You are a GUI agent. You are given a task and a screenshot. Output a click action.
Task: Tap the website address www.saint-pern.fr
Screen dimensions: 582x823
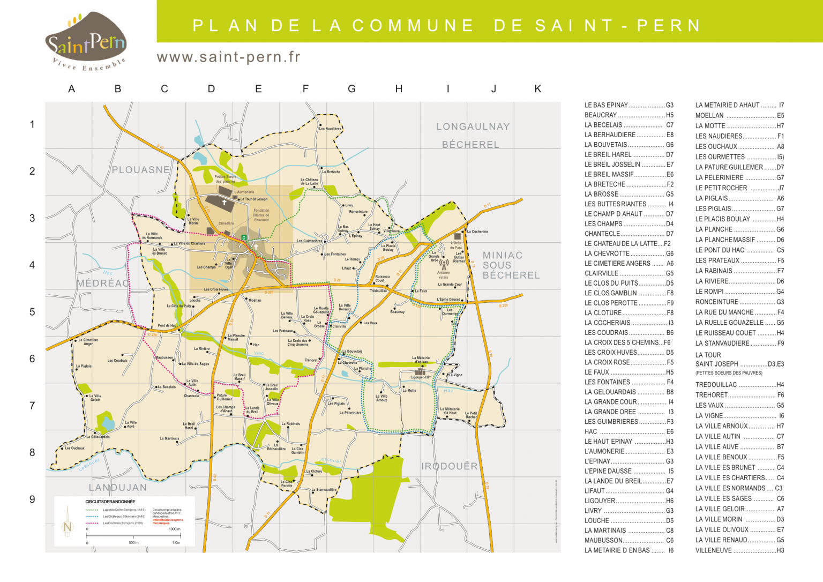(x=228, y=57)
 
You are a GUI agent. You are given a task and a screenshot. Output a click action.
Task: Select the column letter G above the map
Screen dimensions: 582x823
(x=351, y=89)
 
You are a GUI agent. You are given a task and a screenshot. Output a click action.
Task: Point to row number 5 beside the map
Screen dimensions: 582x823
(x=32, y=312)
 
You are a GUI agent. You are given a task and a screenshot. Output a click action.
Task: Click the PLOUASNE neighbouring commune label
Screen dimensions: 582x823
(x=140, y=170)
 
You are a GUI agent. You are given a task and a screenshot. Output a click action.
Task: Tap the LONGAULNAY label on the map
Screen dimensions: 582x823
(x=473, y=127)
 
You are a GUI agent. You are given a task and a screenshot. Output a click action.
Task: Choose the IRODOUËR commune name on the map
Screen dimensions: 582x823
(x=449, y=466)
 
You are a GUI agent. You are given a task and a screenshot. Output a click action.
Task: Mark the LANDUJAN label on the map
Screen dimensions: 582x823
(x=117, y=488)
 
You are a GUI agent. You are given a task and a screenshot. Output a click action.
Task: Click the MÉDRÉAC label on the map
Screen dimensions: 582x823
(x=103, y=283)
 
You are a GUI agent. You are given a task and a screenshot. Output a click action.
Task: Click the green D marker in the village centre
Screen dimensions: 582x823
(x=244, y=237)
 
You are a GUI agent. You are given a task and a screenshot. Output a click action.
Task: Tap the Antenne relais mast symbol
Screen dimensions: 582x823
(x=444, y=264)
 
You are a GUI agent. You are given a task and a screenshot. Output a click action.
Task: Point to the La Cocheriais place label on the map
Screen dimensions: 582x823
(x=477, y=232)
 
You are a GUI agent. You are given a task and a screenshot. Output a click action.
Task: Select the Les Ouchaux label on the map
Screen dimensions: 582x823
(x=74, y=448)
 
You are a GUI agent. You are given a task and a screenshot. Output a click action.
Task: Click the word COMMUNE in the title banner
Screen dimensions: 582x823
(x=413, y=25)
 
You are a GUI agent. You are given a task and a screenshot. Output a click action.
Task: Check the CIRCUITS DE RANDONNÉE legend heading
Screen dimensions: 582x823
(x=110, y=502)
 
